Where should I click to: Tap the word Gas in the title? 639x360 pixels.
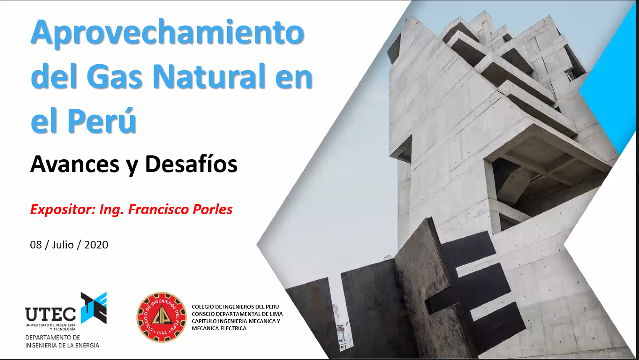[x=114, y=76]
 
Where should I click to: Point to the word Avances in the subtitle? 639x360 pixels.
[x=75, y=164]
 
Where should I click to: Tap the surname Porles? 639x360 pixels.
[x=212, y=209]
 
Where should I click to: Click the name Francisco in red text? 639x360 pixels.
[x=159, y=209]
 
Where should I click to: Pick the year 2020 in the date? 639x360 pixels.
[x=96, y=245]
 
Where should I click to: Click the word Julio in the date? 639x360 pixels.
[x=63, y=245]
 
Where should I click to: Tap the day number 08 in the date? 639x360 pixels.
[x=36, y=245]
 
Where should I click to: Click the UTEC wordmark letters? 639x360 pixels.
[x=50, y=314]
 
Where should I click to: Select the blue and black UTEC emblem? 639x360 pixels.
[x=94, y=308]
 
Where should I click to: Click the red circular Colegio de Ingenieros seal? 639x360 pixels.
[x=162, y=317]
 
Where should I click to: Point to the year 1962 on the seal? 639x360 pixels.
[x=162, y=333]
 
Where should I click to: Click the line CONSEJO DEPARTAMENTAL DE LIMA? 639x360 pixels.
[x=237, y=314]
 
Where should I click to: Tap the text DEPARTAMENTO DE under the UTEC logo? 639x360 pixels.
[x=52, y=337]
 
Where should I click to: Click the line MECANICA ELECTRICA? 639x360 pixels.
[x=219, y=328]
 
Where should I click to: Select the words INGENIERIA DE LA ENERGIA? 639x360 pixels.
[x=62, y=345]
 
